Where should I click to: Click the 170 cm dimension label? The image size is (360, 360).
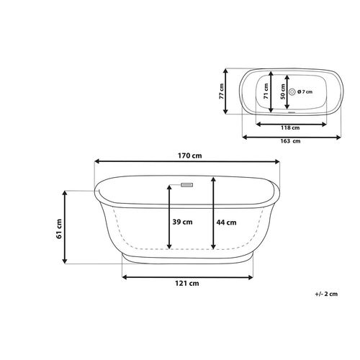[x=190, y=156]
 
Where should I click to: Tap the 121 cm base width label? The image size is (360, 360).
[x=187, y=284]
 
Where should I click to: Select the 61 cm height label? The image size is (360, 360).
[x=59, y=229]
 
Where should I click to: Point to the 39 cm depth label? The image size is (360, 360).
[x=182, y=222]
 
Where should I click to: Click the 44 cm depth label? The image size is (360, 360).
[x=226, y=222]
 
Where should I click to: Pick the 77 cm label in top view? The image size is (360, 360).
[x=221, y=91]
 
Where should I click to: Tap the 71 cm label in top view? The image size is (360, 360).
[x=266, y=91]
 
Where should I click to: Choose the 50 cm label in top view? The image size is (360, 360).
[x=283, y=91]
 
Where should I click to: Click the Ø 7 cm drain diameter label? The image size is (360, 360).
[x=305, y=91]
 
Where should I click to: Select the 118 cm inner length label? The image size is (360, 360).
[x=290, y=128]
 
